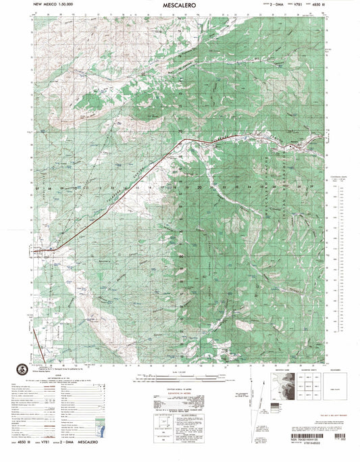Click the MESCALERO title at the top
pyautogui.click(x=180, y=5)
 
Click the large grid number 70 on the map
pyautogui.click(x=180, y=131)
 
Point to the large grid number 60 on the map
pyautogui.click(x=180, y=257)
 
